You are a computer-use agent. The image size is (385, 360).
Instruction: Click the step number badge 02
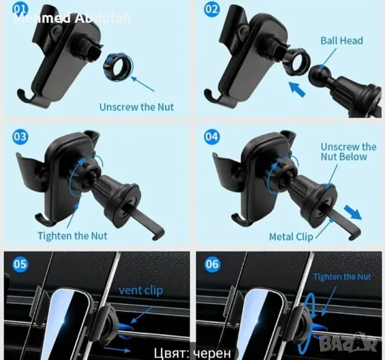[x=212, y=10]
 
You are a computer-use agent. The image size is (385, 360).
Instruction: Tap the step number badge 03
[x=20, y=137]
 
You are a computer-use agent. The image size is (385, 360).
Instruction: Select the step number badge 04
[x=212, y=137]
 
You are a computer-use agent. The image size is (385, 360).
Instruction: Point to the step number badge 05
[x=20, y=264]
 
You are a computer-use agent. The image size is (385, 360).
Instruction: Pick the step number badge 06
[x=212, y=264]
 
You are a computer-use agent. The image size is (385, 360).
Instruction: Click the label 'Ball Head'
[x=342, y=41]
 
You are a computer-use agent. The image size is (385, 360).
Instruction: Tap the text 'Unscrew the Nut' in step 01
[x=136, y=107]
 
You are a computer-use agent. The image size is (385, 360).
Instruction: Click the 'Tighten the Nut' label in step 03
[x=73, y=236]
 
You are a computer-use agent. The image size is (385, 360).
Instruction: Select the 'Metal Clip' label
[x=291, y=237]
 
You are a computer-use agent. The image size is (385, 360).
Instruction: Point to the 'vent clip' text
[x=141, y=290]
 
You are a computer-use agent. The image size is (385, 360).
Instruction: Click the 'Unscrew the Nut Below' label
[x=348, y=152]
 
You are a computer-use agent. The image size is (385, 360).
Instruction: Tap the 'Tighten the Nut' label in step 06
[x=342, y=277]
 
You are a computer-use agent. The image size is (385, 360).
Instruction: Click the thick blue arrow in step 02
[x=297, y=89]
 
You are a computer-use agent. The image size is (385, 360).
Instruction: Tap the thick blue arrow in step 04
[x=353, y=212]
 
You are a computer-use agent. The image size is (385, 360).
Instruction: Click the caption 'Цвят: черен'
[x=192, y=353]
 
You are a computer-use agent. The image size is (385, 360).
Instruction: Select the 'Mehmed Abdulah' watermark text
[x=72, y=18]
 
